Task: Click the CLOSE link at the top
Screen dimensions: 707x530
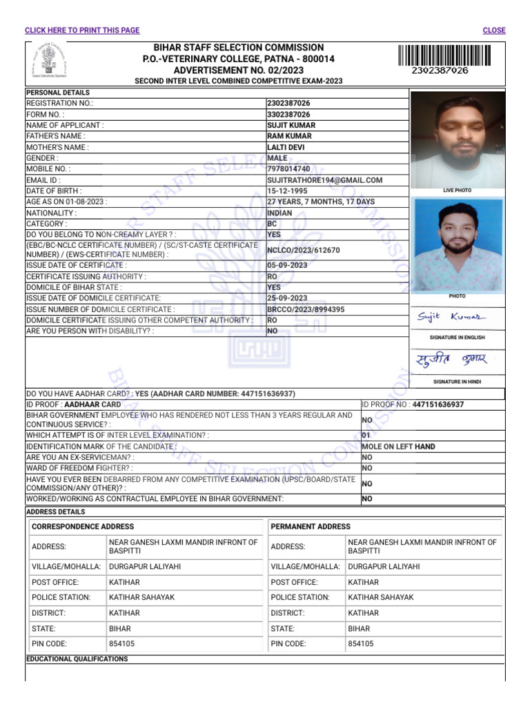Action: point(494,30)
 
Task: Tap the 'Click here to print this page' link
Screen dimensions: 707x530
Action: point(82,30)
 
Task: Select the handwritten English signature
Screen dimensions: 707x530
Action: point(451,317)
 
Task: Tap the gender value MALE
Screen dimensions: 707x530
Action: point(277,158)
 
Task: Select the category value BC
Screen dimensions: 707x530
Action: point(273,224)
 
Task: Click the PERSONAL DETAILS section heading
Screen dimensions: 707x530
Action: point(58,93)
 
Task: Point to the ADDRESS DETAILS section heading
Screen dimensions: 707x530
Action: point(55,512)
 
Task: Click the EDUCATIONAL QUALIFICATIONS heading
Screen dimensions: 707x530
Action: point(77,659)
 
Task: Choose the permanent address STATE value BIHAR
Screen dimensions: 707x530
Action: point(359,629)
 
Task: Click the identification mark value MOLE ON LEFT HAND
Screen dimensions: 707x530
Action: point(398,447)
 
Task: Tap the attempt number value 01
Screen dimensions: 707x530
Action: point(366,436)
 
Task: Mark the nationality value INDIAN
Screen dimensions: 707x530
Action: point(279,213)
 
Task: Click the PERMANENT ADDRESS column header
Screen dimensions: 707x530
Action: point(311,527)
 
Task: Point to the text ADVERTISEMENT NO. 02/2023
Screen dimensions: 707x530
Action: point(238,70)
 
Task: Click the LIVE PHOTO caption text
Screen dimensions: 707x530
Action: point(457,190)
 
